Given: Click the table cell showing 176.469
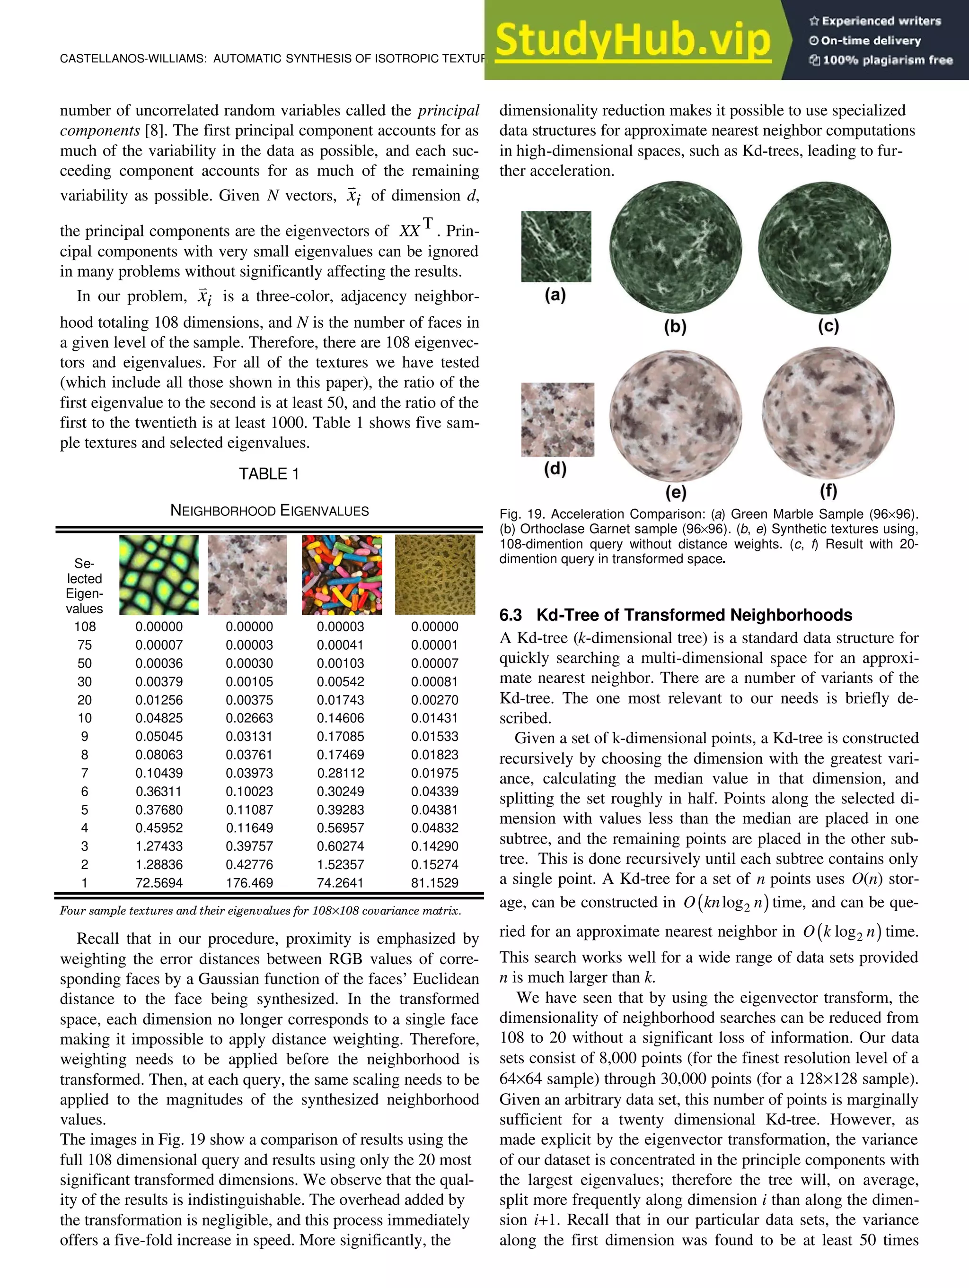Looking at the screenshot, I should click(249, 883).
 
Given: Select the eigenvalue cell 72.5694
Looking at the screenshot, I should click(159, 883).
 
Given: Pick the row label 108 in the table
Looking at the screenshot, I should click(85, 627).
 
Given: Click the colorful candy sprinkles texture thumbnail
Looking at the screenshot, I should click(342, 574).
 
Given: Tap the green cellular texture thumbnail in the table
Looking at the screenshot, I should click(159, 574).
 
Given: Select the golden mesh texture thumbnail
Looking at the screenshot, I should click(435, 574).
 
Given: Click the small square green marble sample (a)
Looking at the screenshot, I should click(556, 246).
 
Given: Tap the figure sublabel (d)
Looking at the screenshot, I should click(555, 469).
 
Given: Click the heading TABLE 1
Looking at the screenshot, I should click(269, 474).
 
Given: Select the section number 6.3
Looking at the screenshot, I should click(511, 616).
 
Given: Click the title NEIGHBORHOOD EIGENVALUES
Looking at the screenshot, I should click(269, 511).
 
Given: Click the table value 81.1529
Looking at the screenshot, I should click(435, 883).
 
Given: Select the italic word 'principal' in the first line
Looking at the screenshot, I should click(448, 111).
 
